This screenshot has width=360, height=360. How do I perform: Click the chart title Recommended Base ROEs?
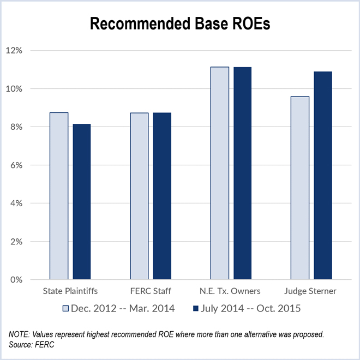(x=179, y=23)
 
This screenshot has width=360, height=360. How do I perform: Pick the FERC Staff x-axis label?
(x=151, y=291)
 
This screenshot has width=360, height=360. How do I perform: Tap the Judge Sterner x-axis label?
(x=311, y=291)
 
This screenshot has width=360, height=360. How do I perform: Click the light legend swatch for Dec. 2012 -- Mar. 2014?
(x=67, y=309)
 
